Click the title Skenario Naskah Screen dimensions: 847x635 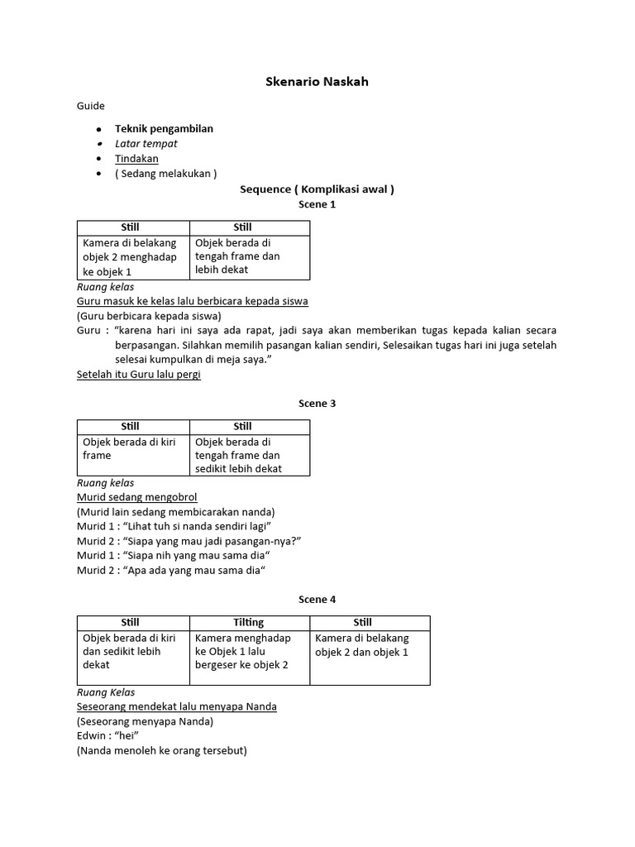[x=317, y=82]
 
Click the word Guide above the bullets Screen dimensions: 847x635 [x=91, y=106]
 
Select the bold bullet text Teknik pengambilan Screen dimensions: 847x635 [x=164, y=128]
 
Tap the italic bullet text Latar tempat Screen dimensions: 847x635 [x=146, y=143]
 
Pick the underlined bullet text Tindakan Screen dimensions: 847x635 [x=136, y=158]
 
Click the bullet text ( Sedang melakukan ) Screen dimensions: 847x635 [x=165, y=173]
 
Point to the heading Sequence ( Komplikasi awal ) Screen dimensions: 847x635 [x=317, y=189]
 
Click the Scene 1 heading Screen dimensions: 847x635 [x=317, y=203]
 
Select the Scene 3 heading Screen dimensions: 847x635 [x=317, y=404]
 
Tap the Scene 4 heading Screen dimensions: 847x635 [x=317, y=599]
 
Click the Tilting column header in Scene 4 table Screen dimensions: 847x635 [x=249, y=622]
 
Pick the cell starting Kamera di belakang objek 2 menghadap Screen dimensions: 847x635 [x=131, y=257]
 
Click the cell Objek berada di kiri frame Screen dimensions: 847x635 [x=131, y=448]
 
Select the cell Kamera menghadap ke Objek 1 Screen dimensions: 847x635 [x=249, y=651]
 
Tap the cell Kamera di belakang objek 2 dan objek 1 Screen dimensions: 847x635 [x=369, y=644]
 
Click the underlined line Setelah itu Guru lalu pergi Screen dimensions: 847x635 [x=138, y=374]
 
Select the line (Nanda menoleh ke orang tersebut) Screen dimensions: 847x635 [x=161, y=751]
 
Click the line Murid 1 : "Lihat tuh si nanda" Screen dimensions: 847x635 [x=174, y=526]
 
